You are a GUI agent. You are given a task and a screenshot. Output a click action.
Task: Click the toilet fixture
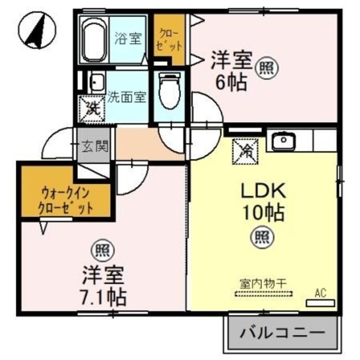[169, 88]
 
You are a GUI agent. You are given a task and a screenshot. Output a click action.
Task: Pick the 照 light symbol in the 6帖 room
[264, 67]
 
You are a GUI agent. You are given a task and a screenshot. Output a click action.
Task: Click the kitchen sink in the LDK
[282, 141]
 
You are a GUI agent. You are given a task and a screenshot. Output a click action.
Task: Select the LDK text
[263, 192]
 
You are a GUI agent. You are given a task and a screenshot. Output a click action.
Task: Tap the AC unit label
[320, 292]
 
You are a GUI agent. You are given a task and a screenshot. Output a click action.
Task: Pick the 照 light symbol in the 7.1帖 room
[100, 249]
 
